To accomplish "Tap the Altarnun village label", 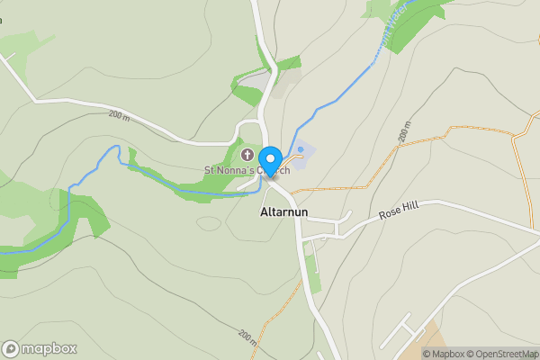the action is (284, 213).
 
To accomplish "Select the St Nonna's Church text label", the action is (247, 170).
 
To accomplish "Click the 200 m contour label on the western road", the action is (119, 115).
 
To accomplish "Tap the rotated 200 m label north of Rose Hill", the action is (404, 132).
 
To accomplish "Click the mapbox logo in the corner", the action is (40, 348).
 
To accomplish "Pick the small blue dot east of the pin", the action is (301, 149).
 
